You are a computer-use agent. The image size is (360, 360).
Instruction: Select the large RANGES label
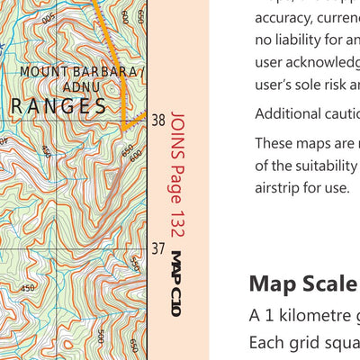click(x=59, y=105)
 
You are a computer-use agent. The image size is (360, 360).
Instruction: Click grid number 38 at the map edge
click(x=158, y=120)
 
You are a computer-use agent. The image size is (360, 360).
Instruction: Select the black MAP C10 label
click(x=176, y=283)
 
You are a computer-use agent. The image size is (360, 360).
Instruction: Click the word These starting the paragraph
click(x=275, y=142)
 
